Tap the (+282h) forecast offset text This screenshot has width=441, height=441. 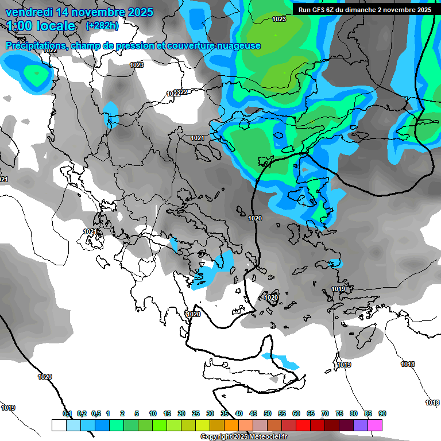(102, 26)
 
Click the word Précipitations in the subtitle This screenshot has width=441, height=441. (35, 45)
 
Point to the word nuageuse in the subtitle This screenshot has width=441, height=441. (239, 45)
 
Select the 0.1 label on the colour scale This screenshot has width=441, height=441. (67, 413)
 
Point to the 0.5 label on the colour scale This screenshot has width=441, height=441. (96, 413)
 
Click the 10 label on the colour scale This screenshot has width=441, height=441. (153, 413)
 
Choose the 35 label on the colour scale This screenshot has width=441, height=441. (225, 413)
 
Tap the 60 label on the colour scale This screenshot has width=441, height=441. (296, 413)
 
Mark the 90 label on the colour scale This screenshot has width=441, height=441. (382, 413)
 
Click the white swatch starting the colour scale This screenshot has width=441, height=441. (59, 425)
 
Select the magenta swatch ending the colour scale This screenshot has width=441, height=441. (375, 425)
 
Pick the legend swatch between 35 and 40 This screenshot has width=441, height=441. (231, 425)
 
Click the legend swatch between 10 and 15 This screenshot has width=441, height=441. (160, 425)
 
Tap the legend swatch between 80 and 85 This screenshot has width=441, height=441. (361, 425)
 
